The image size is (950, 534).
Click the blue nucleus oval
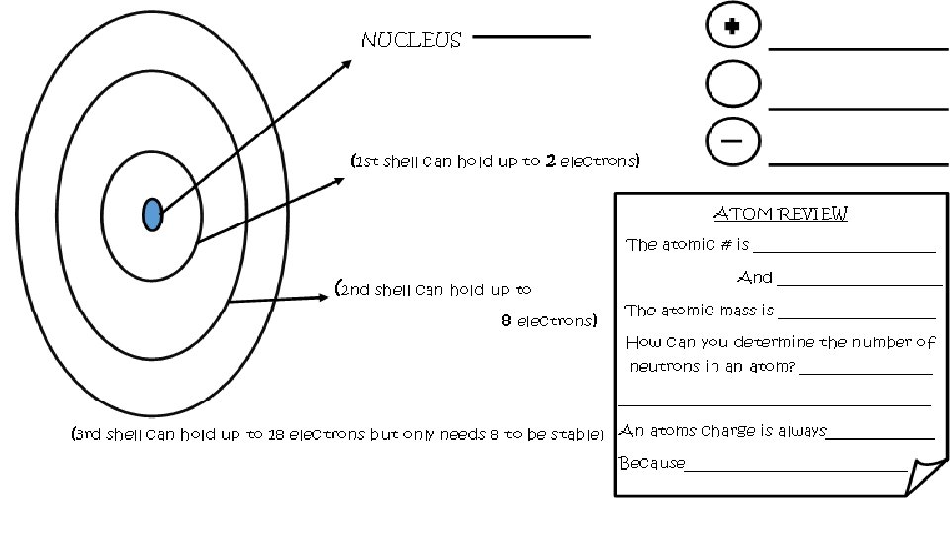(x=152, y=215)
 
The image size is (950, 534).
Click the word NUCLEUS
(x=412, y=41)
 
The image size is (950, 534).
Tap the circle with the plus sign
(x=731, y=27)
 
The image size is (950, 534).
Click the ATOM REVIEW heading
(x=781, y=214)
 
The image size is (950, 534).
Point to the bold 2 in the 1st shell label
(x=549, y=161)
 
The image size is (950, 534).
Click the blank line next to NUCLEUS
(x=531, y=37)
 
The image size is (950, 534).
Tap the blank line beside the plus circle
(x=858, y=46)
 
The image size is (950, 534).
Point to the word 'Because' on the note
(x=651, y=463)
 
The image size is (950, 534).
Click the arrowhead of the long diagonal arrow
(x=347, y=64)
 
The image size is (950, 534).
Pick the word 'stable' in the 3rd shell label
(x=575, y=434)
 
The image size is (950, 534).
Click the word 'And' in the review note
(x=755, y=278)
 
